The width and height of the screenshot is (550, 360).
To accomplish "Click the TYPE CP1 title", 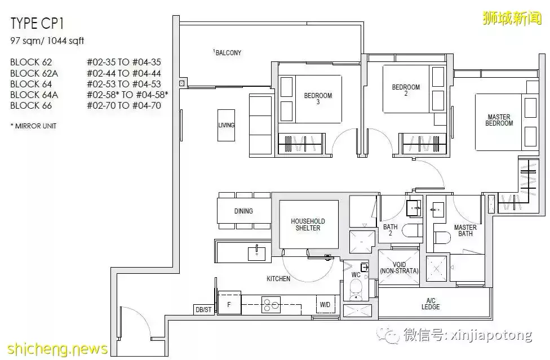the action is click(37, 23).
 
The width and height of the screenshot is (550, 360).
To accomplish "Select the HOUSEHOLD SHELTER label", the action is click(308, 224).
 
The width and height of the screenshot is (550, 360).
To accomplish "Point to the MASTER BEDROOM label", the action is click(499, 120).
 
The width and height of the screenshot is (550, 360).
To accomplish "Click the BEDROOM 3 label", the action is click(318, 98).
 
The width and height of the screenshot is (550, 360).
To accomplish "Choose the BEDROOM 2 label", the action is click(406, 90).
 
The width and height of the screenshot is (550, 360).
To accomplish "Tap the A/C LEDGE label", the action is click(431, 304).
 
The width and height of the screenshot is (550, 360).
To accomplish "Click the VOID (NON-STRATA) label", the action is click(399, 268).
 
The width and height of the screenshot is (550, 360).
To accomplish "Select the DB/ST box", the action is click(203, 309).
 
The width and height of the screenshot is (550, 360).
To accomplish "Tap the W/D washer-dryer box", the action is click(325, 305).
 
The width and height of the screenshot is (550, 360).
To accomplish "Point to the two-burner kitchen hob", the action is click(271, 305).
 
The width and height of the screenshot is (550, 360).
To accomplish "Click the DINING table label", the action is click(243, 211).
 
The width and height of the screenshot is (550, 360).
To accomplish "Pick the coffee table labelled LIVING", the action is click(226, 125).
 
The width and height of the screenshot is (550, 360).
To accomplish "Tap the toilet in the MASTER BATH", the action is click(442, 238).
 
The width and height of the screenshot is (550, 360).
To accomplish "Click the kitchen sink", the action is click(257, 253).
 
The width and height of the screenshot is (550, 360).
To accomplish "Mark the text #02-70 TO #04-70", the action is click(124, 105).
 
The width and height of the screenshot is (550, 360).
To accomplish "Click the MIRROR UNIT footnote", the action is click(33, 126).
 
